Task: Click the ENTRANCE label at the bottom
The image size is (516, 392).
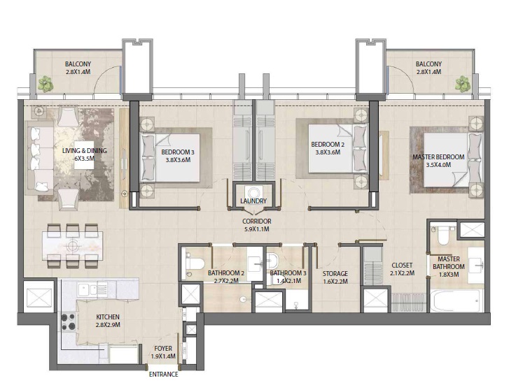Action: pyautogui.click(x=163, y=375)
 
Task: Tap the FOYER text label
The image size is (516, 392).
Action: pyautogui.click(x=162, y=348)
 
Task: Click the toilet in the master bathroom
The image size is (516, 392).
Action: pyautogui.click(x=441, y=236)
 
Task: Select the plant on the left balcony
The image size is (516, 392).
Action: pyautogui.click(x=47, y=84)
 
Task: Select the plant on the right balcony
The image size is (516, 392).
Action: pyautogui.click(x=462, y=84)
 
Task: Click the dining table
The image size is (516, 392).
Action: pyautogui.click(x=73, y=246)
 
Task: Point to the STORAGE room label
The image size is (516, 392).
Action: pyautogui.click(x=335, y=273)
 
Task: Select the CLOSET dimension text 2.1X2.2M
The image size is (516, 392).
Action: pyautogui.click(x=403, y=273)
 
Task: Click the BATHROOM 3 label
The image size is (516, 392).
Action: pyautogui.click(x=288, y=273)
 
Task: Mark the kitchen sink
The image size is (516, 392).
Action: pyautogui.click(x=90, y=288)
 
